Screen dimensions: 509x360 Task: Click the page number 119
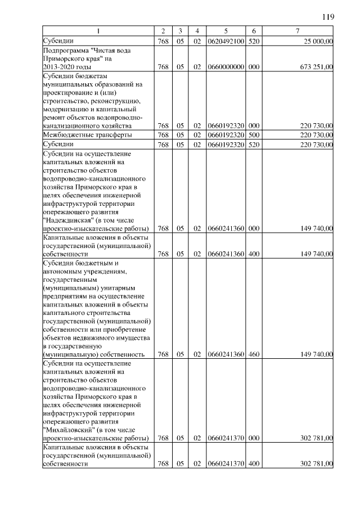tap(328, 17)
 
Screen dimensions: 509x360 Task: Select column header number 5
tap(225, 30)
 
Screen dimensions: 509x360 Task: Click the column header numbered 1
tap(98, 30)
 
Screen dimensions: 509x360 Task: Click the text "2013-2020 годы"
tap(67, 67)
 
